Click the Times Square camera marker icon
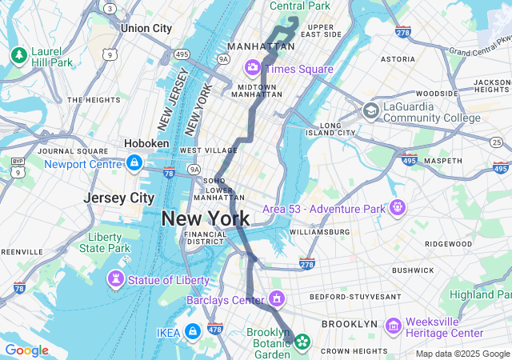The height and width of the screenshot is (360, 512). pos(253,67)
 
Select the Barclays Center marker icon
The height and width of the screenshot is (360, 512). pos(277,299)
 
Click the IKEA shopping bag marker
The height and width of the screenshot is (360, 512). pos(192,331)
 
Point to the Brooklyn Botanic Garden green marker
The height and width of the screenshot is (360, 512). pos(302,342)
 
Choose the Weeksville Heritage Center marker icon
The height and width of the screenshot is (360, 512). pos(392,326)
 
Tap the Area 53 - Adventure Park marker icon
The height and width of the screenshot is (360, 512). pos(398,207)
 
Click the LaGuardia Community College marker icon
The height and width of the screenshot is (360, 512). pos(370,110)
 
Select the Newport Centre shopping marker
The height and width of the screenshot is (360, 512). pos(134,163)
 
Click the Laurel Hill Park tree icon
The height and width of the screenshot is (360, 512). pos(18,54)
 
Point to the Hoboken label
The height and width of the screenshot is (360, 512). pos(146,143)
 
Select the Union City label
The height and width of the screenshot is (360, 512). pos(146,28)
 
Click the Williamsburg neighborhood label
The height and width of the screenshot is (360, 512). pos(319,232)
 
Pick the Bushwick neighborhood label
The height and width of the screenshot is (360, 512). pos(412,270)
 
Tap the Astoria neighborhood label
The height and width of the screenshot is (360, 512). pos(398,58)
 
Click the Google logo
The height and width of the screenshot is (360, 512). pos(26,350)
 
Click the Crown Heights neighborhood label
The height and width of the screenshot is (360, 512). pos(354,350)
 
